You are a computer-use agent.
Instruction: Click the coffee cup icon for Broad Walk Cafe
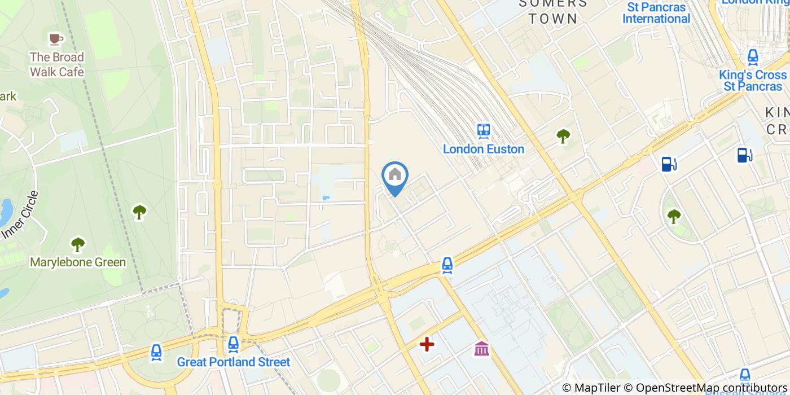[x=55, y=38]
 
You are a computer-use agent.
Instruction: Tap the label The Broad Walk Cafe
[x=56, y=64]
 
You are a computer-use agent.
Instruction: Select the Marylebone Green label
[x=78, y=262]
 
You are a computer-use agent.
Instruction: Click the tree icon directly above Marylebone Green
[x=78, y=245]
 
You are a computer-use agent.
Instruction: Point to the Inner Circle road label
[x=20, y=214]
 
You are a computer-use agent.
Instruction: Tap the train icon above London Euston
[x=484, y=131]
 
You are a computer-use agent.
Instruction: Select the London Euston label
[x=484, y=150]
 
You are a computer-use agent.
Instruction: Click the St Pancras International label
[x=656, y=13]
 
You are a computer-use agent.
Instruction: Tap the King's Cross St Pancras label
[x=753, y=81]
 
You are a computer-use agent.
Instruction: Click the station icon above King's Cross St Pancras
[x=753, y=57]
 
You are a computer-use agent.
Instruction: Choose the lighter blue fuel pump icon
[x=669, y=164]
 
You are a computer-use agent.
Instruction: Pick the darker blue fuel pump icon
[x=745, y=155]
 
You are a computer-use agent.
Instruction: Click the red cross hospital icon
[x=427, y=344]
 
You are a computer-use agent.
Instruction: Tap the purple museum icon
[x=481, y=349]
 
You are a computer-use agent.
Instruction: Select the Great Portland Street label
[x=233, y=362]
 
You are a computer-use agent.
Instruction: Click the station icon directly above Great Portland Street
[x=233, y=344]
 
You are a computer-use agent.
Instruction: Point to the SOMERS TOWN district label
[x=553, y=11]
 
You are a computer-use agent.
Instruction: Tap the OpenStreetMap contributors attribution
[x=705, y=388]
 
